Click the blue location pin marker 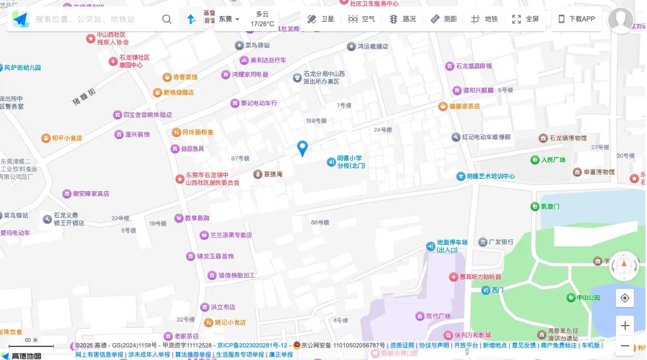pyautogui.click(x=302, y=147)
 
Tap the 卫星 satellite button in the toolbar pyautogui.click(x=320, y=19)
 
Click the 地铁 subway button pyautogui.click(x=484, y=19)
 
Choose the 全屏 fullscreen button pyautogui.click(x=525, y=19)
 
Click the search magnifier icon pyautogui.click(x=167, y=19)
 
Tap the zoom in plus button pyautogui.click(x=625, y=326)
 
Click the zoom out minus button pyautogui.click(x=625, y=346)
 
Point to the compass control pyautogui.click(x=624, y=266)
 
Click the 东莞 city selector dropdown pyautogui.click(x=229, y=19)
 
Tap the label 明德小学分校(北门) pyautogui.click(x=349, y=162)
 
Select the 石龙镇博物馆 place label pyautogui.click(x=567, y=138)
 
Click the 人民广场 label pyautogui.click(x=553, y=160)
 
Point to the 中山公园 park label pyautogui.click(x=588, y=298)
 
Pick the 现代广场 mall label pyautogui.click(x=437, y=316)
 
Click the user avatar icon pyautogui.click(x=621, y=20)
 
